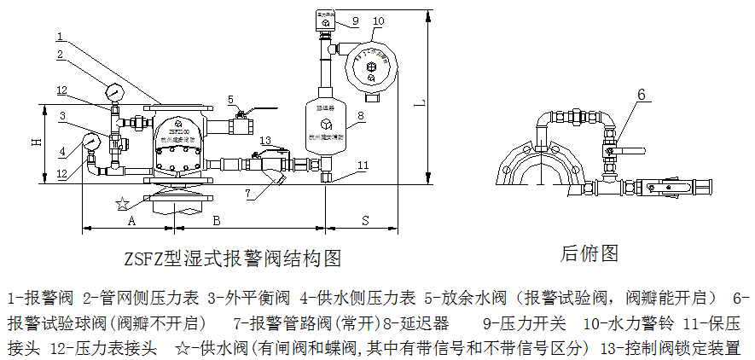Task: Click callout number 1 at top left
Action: (x=61, y=37)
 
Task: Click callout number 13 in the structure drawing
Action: (x=266, y=139)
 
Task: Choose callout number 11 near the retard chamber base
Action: (x=363, y=165)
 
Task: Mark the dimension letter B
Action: (x=217, y=219)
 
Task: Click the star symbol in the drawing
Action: (x=123, y=204)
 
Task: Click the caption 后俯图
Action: (x=589, y=253)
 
